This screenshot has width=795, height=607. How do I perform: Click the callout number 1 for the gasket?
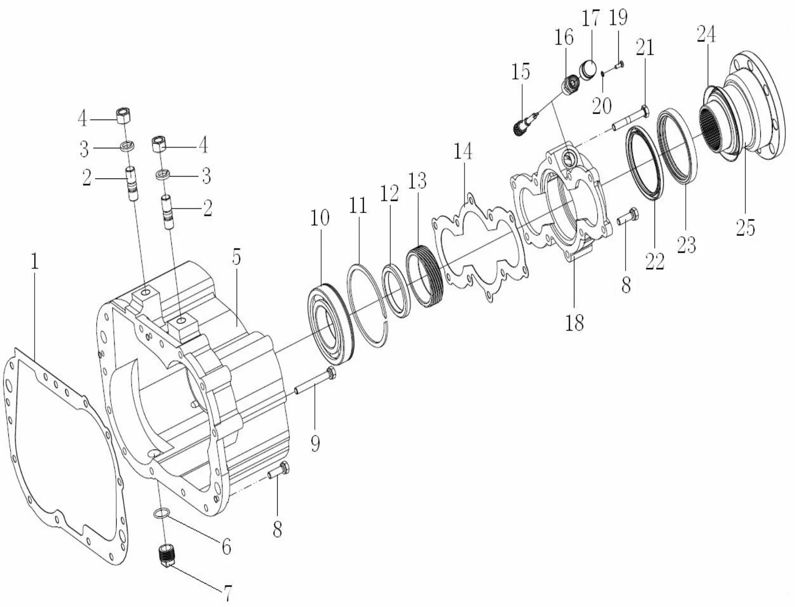(x=34, y=262)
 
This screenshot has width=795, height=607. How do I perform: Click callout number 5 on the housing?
(x=236, y=257)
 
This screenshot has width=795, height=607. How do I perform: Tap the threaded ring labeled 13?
(x=425, y=278)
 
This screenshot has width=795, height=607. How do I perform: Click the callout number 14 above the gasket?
(x=463, y=152)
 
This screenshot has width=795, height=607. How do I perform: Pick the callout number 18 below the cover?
(x=575, y=322)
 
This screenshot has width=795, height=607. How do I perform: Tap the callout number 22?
(x=654, y=261)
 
